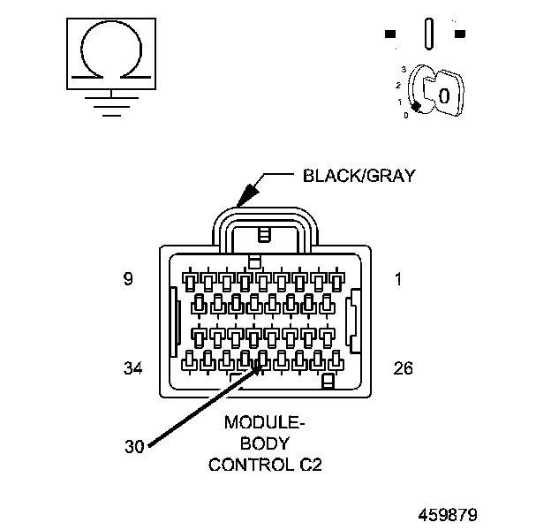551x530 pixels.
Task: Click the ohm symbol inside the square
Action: click(x=109, y=53)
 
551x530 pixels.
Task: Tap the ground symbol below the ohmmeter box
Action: click(x=109, y=104)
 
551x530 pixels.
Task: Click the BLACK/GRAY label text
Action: click(x=358, y=175)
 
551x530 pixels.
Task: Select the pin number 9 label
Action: click(x=128, y=279)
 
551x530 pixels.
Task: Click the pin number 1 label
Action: click(x=398, y=279)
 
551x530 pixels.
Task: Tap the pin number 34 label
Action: click(x=132, y=367)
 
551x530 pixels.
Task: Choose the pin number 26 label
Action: click(x=403, y=367)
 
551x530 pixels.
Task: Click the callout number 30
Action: click(x=133, y=446)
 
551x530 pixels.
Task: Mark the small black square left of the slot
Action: click(x=389, y=34)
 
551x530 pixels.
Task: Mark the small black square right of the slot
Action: click(x=459, y=34)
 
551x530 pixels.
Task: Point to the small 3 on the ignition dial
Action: click(x=404, y=69)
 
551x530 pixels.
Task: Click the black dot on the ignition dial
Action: click(x=415, y=106)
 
